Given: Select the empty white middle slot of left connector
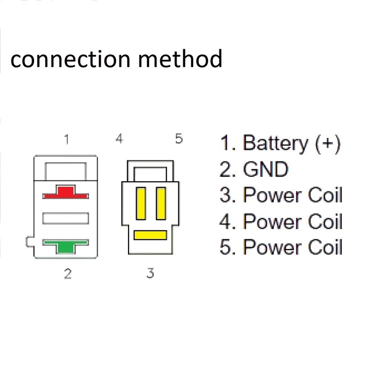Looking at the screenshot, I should click(65, 218).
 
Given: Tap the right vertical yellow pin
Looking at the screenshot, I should click(161, 203).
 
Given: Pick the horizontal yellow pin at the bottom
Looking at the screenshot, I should click(150, 235).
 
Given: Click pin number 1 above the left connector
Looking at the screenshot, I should click(66, 140).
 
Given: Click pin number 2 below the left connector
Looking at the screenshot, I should click(67, 274).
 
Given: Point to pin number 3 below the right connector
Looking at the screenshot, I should click(150, 273).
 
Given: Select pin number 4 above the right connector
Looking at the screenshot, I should click(119, 139).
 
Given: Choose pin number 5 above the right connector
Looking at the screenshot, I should click(179, 139).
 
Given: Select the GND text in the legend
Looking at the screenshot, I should click(265, 170).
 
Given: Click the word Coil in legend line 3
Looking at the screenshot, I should click(323, 196).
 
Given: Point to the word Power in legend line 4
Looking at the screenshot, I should click(275, 221).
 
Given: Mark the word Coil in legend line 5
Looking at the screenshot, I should click(323, 247).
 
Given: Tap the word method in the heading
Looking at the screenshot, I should click(180, 59).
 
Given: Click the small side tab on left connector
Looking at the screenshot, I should click(30, 242).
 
